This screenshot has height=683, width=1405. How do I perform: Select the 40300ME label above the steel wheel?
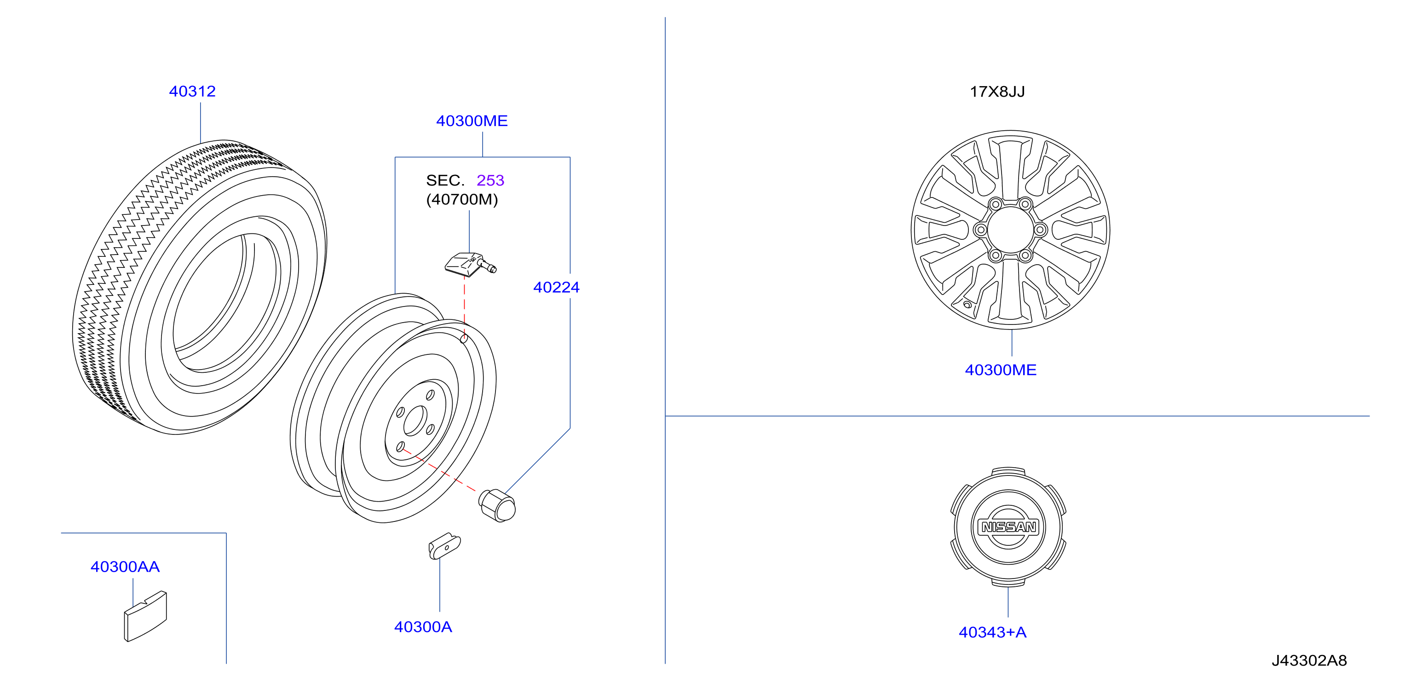click(x=472, y=121)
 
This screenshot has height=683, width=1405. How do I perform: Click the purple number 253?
click(x=490, y=180)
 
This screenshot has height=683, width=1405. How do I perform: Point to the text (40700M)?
click(x=462, y=199)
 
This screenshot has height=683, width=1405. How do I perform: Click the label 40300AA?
click(x=125, y=567)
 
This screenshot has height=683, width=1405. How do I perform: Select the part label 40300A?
click(x=423, y=627)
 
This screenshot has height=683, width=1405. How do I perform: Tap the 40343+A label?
click(x=993, y=632)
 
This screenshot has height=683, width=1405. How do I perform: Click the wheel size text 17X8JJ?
click(x=997, y=91)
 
